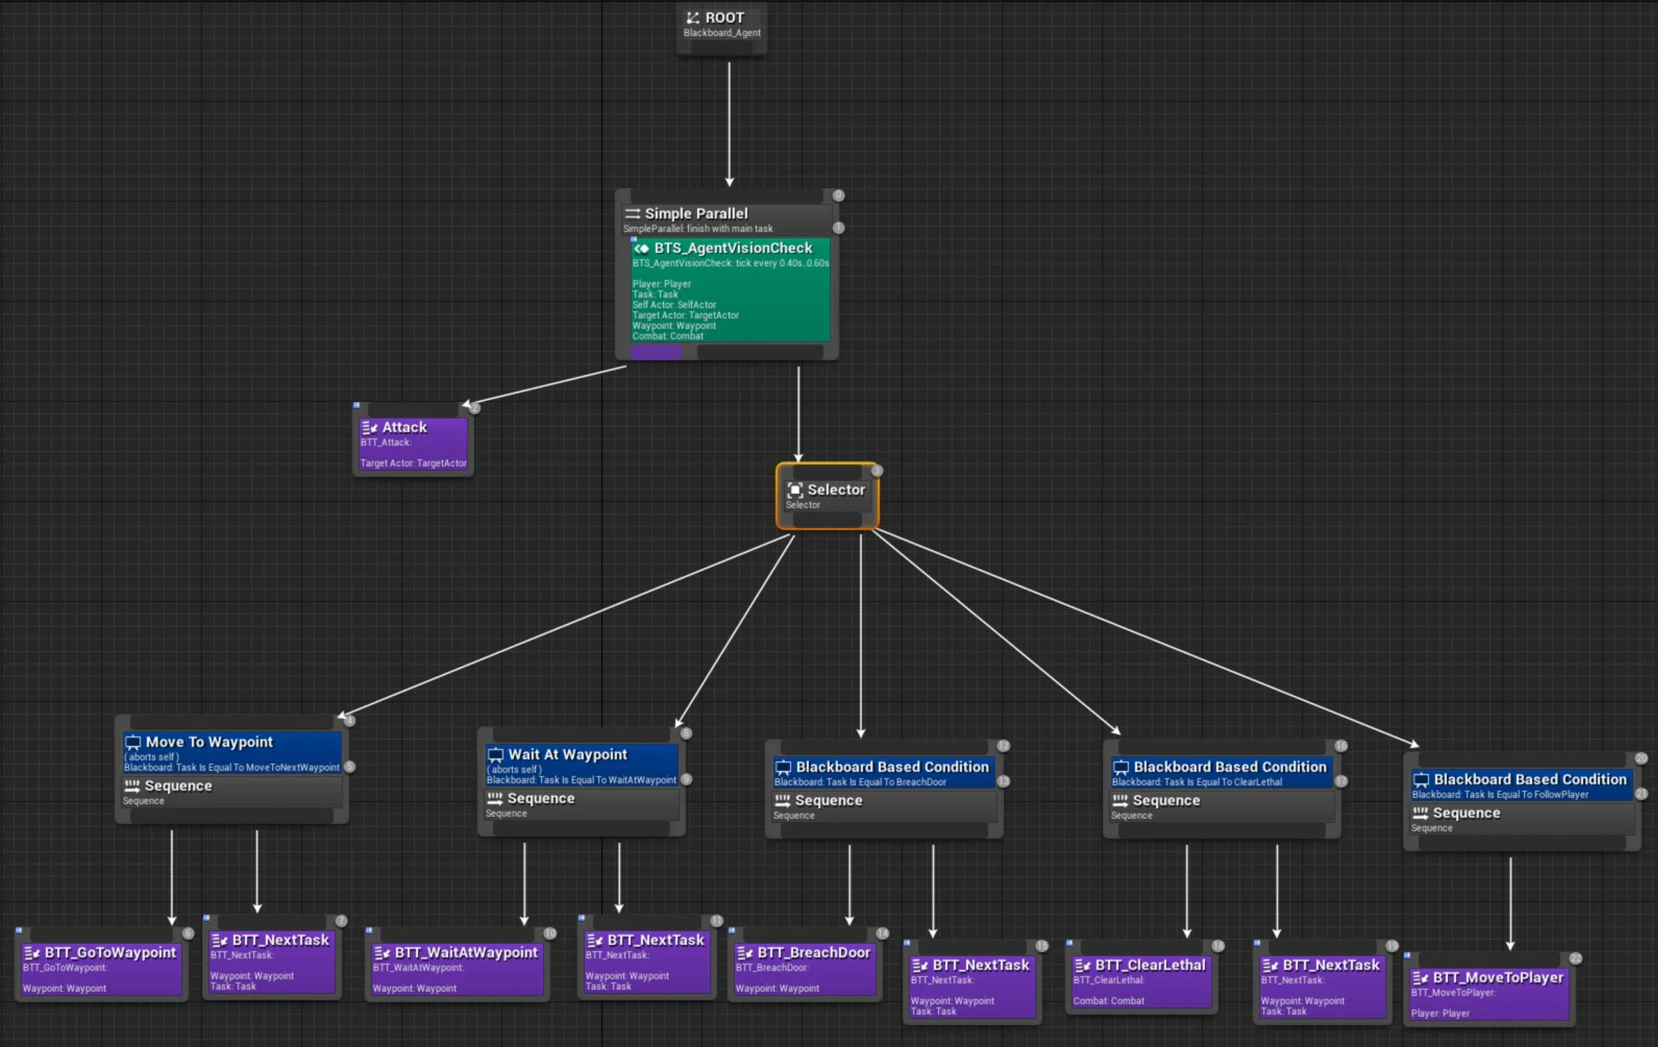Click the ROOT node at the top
[721, 24]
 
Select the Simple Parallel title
[696, 214]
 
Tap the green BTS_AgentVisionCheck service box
[730, 292]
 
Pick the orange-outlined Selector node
[827, 495]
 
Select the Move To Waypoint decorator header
[209, 742]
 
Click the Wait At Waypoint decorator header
[567, 755]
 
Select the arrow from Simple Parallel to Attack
[545, 386]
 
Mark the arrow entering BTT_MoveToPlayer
[1510, 903]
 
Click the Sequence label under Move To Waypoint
[178, 786]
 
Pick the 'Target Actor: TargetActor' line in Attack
[413, 463]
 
